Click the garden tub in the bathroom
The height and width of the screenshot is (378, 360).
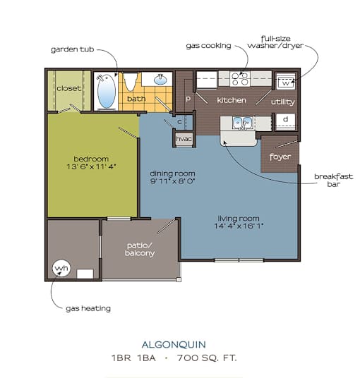point(107,91)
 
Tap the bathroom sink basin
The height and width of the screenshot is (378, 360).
point(160,79)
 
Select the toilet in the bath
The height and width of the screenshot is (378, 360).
point(130,82)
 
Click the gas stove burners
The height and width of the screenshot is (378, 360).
point(240,79)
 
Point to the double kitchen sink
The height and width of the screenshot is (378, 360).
point(242,123)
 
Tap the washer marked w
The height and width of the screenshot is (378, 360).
point(286,81)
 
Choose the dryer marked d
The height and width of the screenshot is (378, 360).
point(286,121)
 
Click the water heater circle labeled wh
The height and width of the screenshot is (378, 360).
point(61,268)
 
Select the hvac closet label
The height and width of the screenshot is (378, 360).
point(184,139)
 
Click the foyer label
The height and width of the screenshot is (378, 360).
point(280,157)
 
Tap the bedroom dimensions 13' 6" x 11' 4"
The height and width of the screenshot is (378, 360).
point(91,166)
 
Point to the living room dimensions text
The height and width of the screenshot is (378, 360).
point(239,226)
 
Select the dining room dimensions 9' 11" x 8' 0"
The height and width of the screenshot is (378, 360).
point(172,181)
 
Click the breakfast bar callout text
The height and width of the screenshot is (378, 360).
point(333,181)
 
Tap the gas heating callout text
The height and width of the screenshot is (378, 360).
point(88,309)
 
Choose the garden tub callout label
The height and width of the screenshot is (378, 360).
point(73,49)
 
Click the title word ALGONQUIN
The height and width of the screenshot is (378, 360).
point(174,345)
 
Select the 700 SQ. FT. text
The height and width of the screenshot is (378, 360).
point(207,358)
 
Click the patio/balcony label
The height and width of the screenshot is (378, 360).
point(140,250)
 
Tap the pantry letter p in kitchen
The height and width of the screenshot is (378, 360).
point(188,99)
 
